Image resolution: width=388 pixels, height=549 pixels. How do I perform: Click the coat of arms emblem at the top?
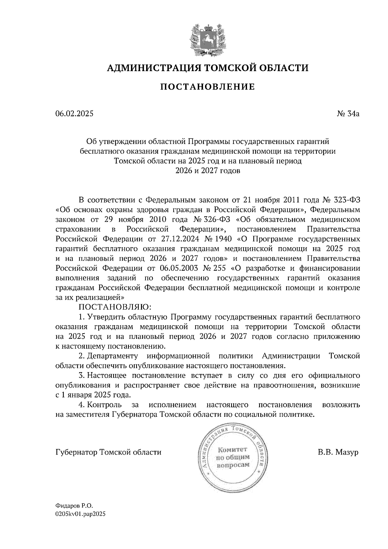[207, 39]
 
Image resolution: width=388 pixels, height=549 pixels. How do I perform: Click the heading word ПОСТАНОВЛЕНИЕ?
[207, 87]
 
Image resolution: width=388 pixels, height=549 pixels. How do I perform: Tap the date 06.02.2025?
[74, 114]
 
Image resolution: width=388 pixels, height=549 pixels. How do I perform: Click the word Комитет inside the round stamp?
[232, 449]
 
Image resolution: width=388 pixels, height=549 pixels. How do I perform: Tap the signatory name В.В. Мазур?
[338, 452]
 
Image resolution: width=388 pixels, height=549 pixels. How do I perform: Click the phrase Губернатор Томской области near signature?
[108, 452]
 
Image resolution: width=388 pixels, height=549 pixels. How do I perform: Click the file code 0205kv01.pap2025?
[81, 513]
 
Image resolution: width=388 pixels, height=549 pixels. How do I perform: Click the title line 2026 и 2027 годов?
[208, 171]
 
